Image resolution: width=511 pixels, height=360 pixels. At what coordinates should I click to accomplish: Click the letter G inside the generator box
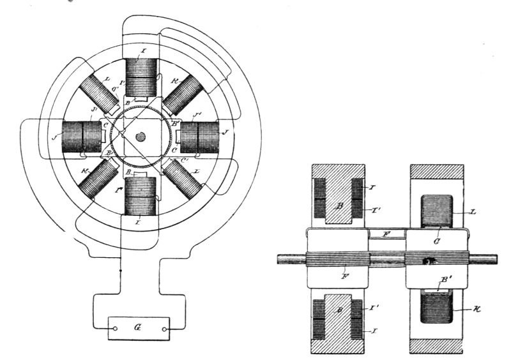coord(139,329)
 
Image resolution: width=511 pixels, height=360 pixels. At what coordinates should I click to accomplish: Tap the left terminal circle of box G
coord(116,330)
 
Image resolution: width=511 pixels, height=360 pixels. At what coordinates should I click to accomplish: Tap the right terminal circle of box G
coord(164,330)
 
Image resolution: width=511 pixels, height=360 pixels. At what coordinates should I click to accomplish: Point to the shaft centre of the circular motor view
coord(141,136)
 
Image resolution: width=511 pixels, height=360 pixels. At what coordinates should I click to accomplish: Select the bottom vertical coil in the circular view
coord(141,195)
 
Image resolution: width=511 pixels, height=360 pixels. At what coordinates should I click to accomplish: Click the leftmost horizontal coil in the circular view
coord(81,136)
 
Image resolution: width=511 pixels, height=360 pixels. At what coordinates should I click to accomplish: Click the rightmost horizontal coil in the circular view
coord(200,136)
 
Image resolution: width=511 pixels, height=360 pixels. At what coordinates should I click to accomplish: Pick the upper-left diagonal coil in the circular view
coord(100,94)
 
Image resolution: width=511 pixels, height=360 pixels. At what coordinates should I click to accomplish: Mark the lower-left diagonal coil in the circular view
coord(98,178)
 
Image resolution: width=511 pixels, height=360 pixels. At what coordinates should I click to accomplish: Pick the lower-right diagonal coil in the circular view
coord(183,178)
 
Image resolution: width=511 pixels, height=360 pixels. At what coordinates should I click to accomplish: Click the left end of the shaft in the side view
coord(280,259)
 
